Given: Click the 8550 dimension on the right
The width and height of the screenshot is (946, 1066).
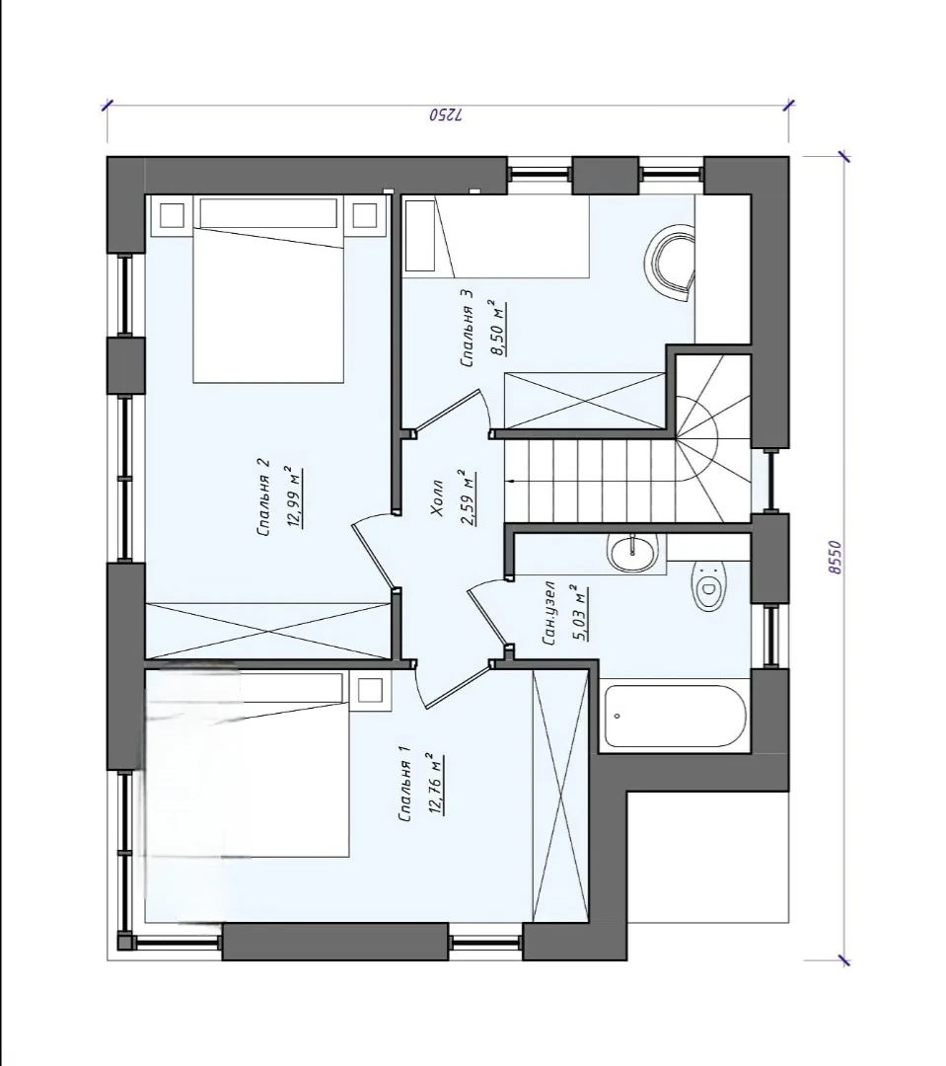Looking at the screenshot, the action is coord(836,558).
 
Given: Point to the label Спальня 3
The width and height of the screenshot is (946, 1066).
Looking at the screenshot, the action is coord(467,329).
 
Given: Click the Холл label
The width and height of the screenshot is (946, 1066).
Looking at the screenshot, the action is coord(437,497).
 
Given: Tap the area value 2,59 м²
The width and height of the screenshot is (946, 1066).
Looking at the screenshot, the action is coord(469,497).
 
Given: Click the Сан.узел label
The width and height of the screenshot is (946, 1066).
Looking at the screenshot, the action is coord(550,613).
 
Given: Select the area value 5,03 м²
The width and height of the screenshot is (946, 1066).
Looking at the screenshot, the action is coord(581,613).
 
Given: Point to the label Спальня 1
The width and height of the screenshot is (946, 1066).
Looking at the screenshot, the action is coord(405,784).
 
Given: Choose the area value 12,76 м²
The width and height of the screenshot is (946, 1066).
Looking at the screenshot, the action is coord(437,784).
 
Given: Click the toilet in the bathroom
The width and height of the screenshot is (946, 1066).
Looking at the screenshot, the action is coord(710,586).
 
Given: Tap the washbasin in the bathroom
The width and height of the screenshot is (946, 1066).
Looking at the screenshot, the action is coord(633,552).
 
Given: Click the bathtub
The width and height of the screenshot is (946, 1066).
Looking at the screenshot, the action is coord(675,716).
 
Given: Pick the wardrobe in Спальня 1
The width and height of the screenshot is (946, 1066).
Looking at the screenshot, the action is coord(560,795).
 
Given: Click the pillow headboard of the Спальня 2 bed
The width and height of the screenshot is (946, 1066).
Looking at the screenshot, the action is coord(268,213).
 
